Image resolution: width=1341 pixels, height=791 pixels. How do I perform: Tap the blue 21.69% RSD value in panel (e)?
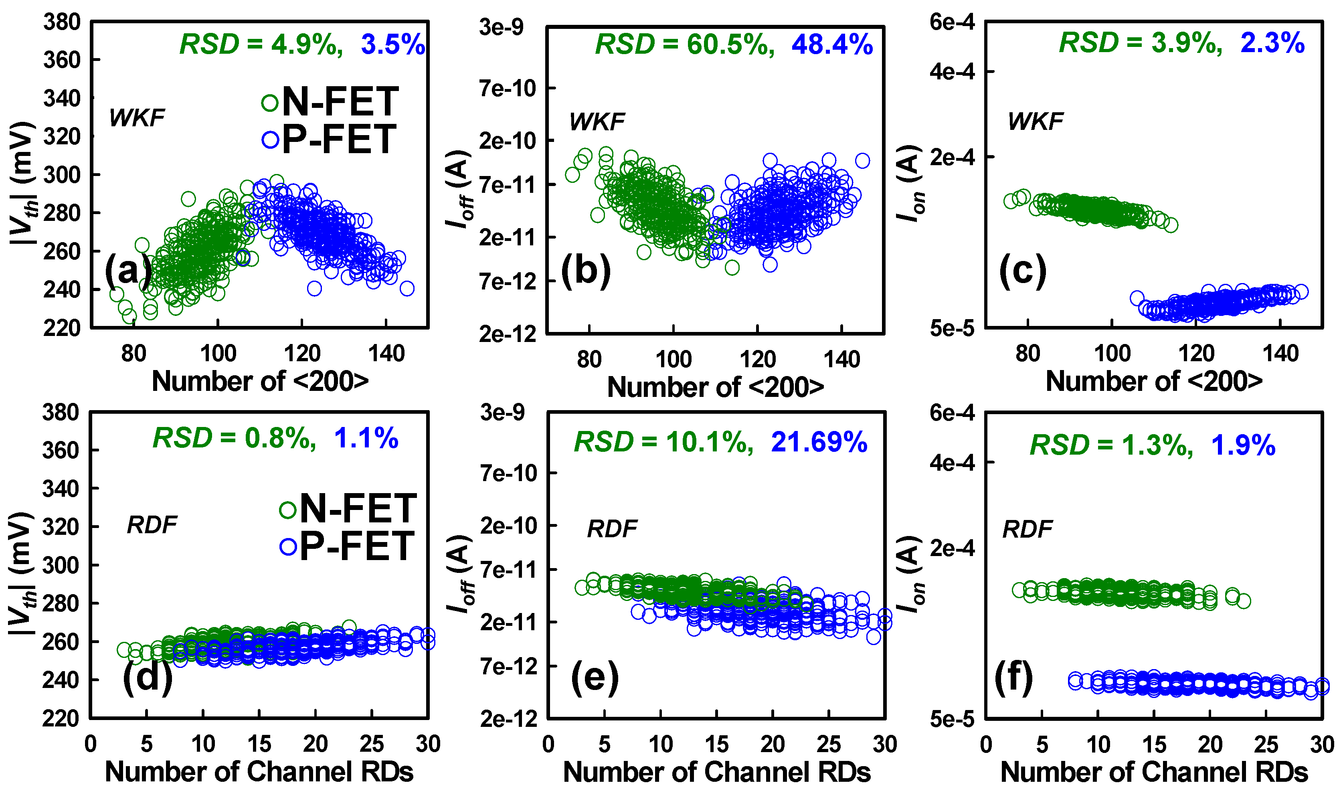point(819,442)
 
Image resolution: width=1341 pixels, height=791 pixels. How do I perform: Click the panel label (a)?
point(128,270)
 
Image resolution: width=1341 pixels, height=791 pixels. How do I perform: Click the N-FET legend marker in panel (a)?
point(270,103)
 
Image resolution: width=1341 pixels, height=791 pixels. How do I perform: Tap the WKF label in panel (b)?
point(597,122)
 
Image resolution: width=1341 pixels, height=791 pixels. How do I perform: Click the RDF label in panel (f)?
point(1027,529)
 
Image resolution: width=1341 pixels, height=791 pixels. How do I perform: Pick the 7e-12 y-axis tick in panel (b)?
point(508,282)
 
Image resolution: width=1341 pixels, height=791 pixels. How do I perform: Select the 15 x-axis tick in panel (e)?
point(716,744)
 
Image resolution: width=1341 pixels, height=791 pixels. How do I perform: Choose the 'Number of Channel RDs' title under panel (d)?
point(259,772)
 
